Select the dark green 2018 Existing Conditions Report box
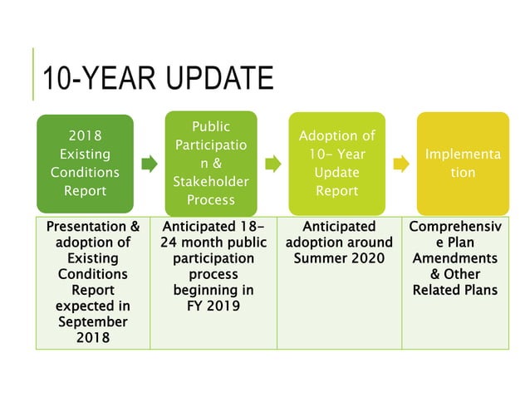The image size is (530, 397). pos(85,164)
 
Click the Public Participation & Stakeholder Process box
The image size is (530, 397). pos(210,163)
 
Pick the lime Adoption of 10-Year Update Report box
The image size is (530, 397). pos(336,163)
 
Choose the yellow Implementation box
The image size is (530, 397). pos(463,163)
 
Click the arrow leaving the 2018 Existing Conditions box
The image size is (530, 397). pos(149,164)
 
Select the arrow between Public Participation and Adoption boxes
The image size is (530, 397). pos(273,164)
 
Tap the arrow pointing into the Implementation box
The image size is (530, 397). pos(400,164)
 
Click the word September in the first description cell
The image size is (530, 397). pos(93,321)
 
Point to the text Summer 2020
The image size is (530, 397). pos(339,258)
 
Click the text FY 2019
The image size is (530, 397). pos(213,306)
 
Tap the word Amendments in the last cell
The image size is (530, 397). pos(464,258)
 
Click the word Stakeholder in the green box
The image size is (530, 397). pos(210,181)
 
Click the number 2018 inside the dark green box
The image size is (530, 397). pos(85,136)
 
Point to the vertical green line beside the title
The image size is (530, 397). pos(34,74)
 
